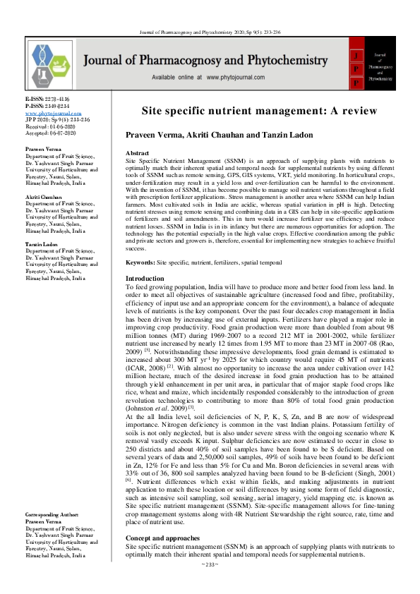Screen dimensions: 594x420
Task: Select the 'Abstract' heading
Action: (x=137, y=153)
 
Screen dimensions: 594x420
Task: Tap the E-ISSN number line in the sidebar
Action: (x=47, y=100)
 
